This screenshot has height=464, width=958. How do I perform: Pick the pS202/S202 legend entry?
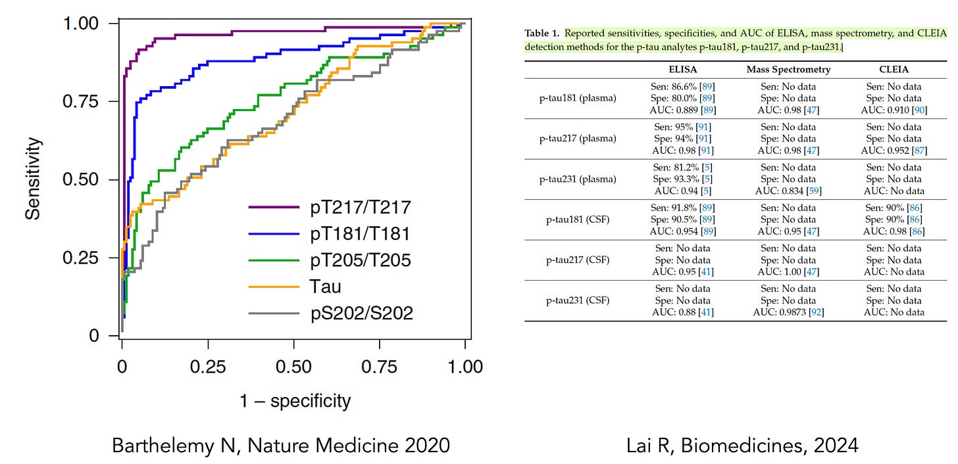click(x=361, y=313)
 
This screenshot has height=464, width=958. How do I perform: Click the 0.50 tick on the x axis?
click(x=293, y=367)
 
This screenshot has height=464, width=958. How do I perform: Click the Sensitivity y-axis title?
click(x=34, y=178)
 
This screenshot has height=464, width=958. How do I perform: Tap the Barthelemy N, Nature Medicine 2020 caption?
click(x=281, y=446)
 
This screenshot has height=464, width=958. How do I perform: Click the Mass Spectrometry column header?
click(x=788, y=69)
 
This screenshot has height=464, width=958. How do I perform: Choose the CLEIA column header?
click(x=894, y=69)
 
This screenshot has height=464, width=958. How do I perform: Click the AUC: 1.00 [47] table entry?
click(x=788, y=271)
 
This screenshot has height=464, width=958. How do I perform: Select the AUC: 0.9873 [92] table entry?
click(x=788, y=312)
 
